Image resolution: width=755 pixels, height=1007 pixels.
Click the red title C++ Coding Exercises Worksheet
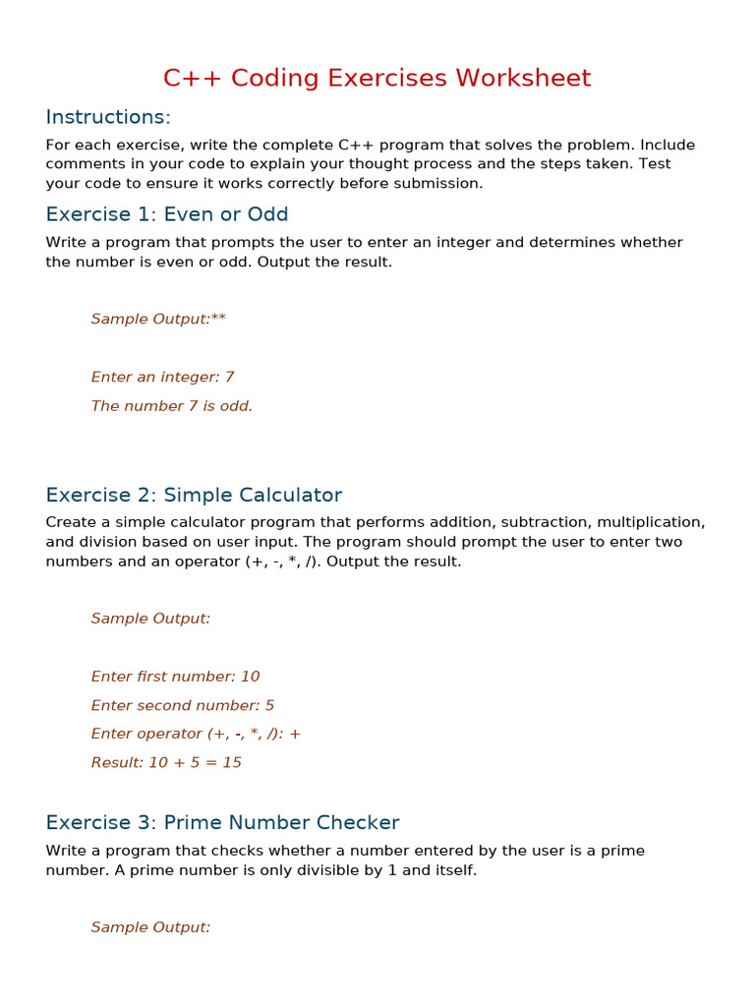pyautogui.click(x=377, y=79)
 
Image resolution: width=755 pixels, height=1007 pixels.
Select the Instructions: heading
pyautogui.click(x=108, y=117)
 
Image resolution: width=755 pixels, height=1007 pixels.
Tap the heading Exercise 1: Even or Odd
pyautogui.click(x=167, y=214)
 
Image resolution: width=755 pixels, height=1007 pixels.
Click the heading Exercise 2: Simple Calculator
pyautogui.click(x=194, y=495)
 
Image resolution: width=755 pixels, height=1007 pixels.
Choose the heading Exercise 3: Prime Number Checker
pyautogui.click(x=222, y=822)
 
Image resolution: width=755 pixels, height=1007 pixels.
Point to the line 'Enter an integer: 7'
pyautogui.click(x=162, y=377)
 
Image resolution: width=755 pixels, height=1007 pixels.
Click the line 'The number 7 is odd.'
pyautogui.click(x=172, y=406)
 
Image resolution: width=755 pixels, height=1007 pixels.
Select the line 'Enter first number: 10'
pyautogui.click(x=175, y=677)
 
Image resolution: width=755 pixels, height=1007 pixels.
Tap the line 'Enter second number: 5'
pyautogui.click(x=183, y=705)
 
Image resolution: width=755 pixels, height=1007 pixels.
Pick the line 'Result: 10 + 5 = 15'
pyautogui.click(x=166, y=762)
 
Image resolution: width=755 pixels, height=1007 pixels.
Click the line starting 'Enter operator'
pyautogui.click(x=196, y=734)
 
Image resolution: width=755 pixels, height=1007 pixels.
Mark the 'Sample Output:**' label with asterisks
pyautogui.click(x=158, y=319)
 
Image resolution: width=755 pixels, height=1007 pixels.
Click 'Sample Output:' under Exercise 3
pyautogui.click(x=150, y=927)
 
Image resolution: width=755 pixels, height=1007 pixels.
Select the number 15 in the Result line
pyautogui.click(x=232, y=762)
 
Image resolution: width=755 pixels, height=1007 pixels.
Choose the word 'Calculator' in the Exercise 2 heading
pyautogui.click(x=285, y=495)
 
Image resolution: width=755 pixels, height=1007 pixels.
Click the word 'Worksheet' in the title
pyautogui.click(x=531, y=79)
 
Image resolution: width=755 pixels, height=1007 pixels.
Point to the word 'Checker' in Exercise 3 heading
pyautogui.click(x=359, y=822)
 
